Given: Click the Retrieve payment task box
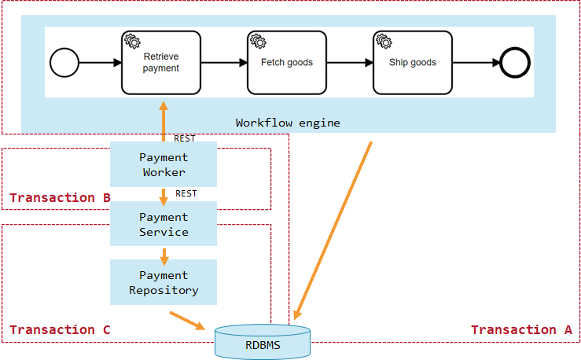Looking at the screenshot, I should tap(160, 63).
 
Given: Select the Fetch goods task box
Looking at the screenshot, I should tap(286, 63).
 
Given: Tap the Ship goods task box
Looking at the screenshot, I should tap(412, 63).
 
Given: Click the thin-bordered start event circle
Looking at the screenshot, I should tap(64, 63).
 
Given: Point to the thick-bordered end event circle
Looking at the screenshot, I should tap(515, 63).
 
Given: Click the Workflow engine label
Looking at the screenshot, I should tap(288, 123).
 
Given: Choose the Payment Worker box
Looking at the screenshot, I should tap(163, 164).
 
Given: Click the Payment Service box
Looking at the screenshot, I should tap(163, 224).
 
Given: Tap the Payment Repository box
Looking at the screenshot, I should tap(163, 282).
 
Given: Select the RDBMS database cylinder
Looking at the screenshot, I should tap(263, 343).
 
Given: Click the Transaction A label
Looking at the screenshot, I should tap(521, 330).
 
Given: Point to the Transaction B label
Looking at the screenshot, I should tap(60, 197).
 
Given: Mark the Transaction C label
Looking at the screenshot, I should tap(60, 329).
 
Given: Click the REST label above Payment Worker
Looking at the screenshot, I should tap(184, 138).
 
